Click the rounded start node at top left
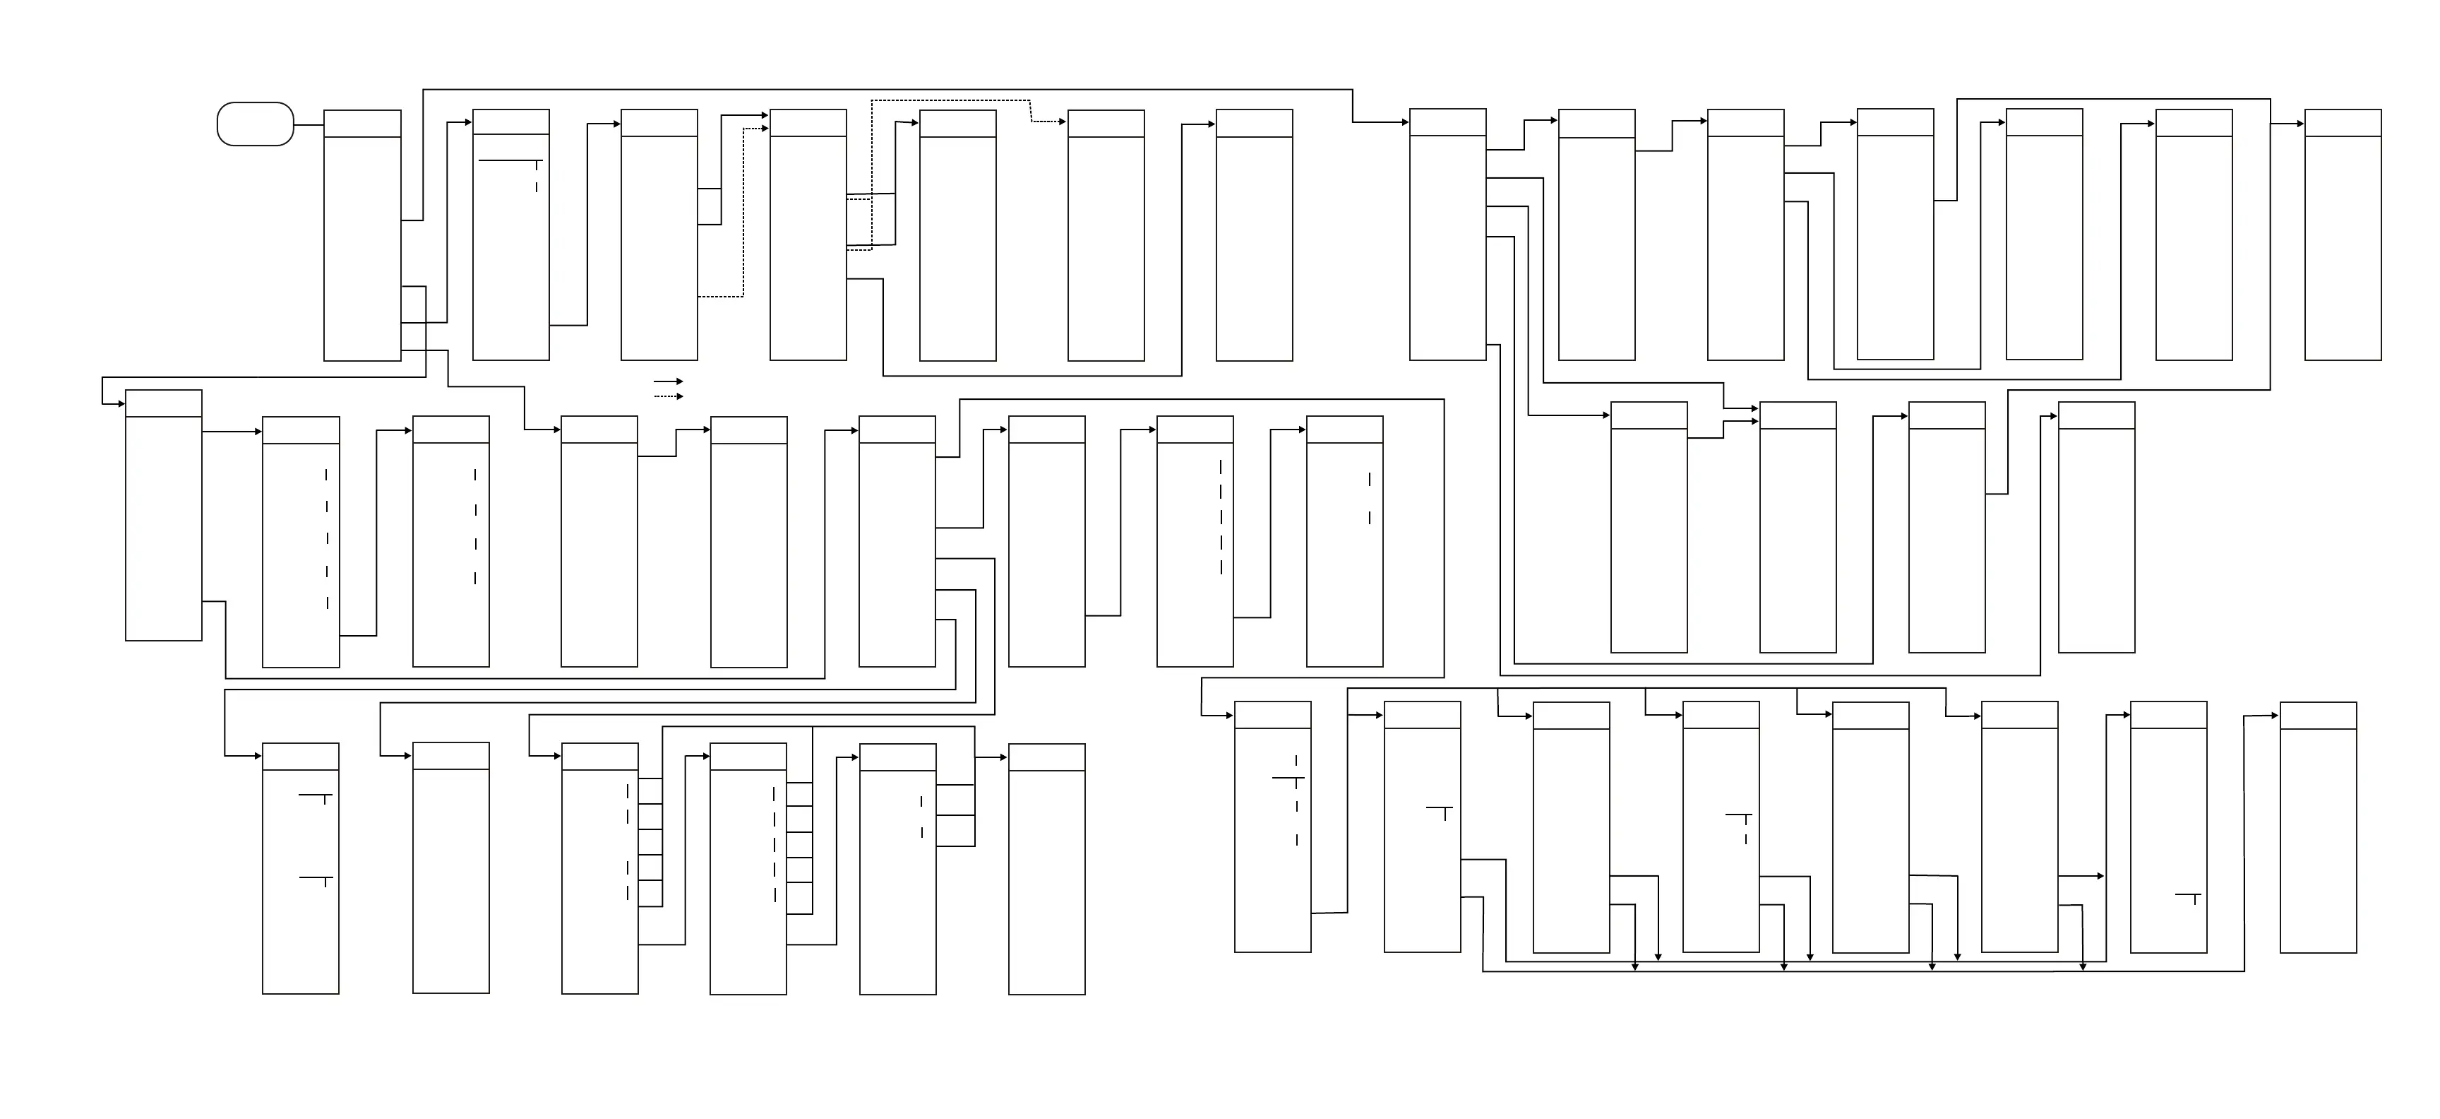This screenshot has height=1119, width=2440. coord(256,124)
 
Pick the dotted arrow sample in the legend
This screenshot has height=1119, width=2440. coord(668,396)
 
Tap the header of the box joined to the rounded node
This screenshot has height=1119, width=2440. coord(361,123)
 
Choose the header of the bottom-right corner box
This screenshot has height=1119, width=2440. coord(2317,716)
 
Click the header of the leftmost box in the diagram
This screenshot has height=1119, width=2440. coord(163,403)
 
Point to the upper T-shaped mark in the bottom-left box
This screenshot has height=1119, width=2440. coord(316,797)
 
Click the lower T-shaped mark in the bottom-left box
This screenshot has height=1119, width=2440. coord(316,880)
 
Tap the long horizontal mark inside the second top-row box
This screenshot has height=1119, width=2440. coord(510,161)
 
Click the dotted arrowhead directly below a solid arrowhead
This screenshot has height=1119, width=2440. coord(765,129)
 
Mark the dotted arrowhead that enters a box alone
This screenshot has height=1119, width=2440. coord(1062,122)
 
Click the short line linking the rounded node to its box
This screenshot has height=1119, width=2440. coord(309,124)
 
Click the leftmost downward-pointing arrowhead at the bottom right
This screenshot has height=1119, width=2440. coord(1635,966)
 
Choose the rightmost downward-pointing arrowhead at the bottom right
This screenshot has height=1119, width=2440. coord(2082,966)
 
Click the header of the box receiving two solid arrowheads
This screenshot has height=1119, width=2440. coord(1797,415)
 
